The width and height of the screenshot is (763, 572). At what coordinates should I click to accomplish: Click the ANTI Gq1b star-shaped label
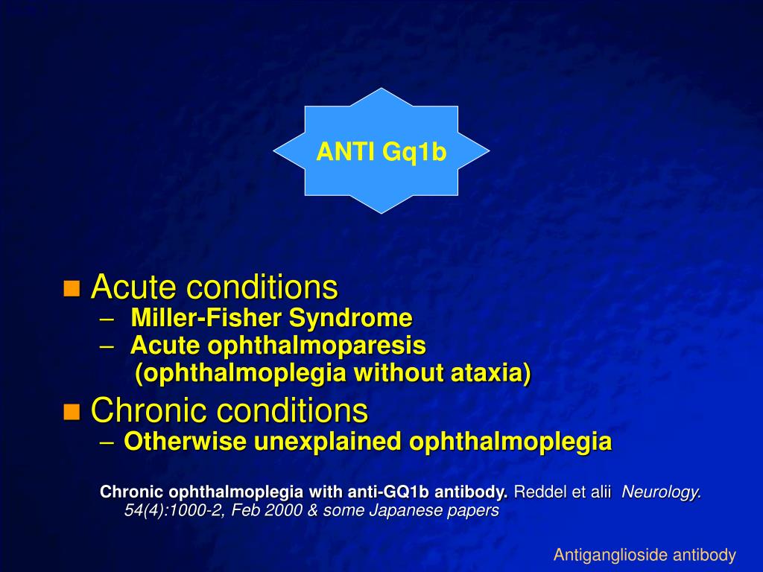click(381, 151)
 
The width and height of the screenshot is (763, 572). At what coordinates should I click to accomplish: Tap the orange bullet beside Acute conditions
click(72, 288)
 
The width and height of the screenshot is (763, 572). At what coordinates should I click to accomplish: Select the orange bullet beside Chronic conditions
click(72, 411)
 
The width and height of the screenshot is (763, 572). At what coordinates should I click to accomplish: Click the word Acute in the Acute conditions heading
click(133, 287)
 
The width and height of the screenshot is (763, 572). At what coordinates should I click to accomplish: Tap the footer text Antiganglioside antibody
click(645, 555)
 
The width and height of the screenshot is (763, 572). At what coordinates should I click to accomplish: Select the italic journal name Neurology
click(662, 492)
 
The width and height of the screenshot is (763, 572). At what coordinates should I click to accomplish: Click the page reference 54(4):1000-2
click(168, 512)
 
